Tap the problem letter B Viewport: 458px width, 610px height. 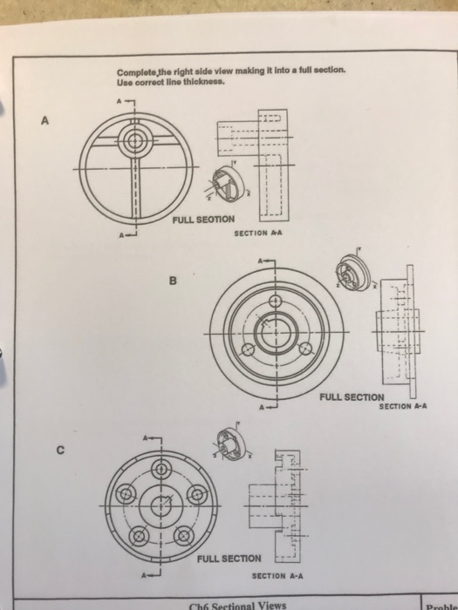(173, 281)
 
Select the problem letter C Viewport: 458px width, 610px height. (60, 451)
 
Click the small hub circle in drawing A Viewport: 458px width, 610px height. (133, 140)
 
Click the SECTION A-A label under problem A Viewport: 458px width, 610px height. (260, 234)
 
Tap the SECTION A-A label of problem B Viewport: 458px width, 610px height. (404, 406)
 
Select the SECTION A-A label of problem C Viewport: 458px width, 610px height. (277, 576)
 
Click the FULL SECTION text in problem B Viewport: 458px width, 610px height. (352, 396)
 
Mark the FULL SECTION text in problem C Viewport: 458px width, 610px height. (229, 558)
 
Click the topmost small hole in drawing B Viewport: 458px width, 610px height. (277, 301)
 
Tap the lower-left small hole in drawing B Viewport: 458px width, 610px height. (248, 350)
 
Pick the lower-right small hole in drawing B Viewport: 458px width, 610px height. (305, 349)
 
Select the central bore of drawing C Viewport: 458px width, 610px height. (162, 506)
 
